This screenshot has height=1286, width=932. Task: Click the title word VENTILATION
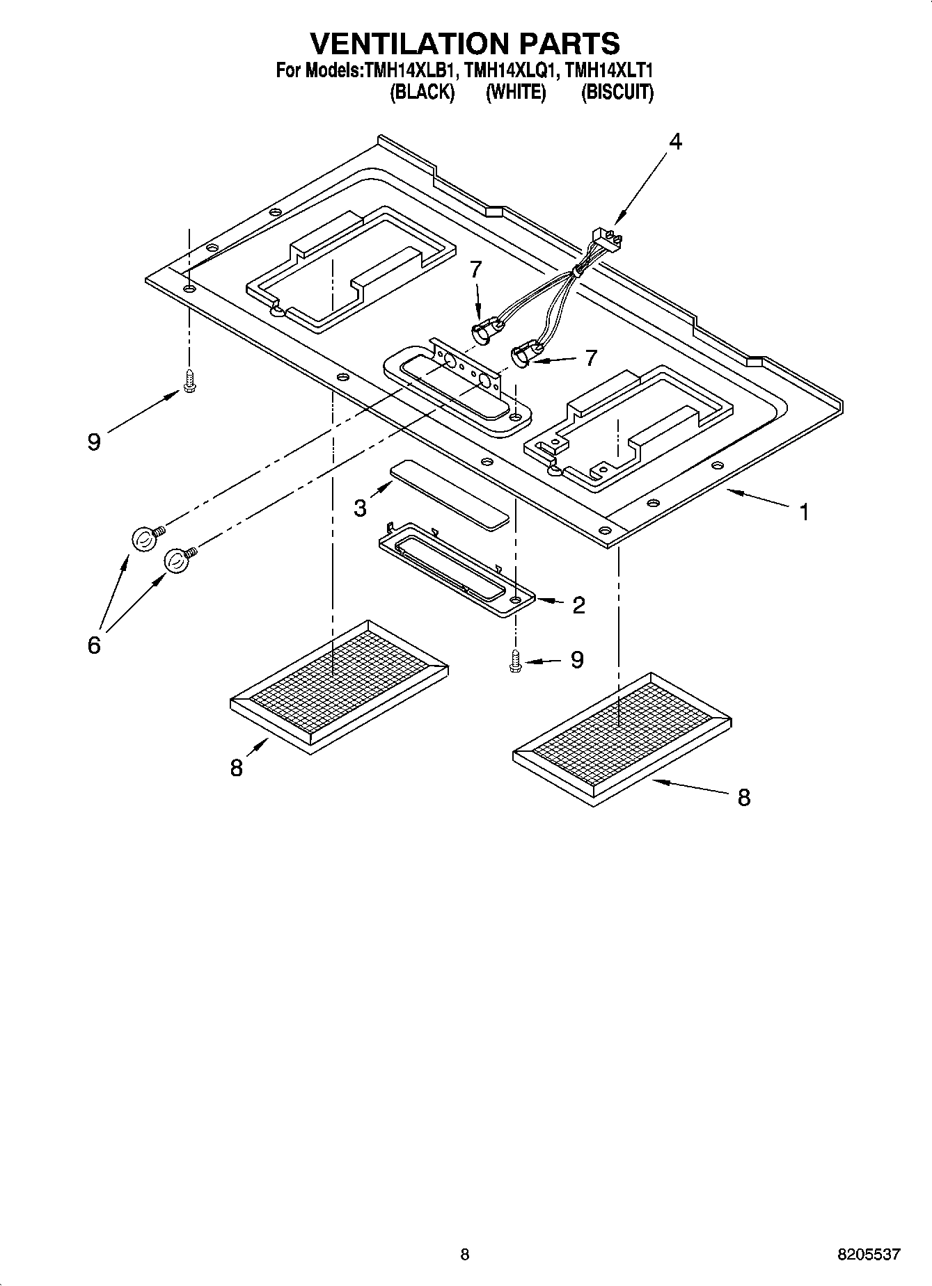(x=390, y=43)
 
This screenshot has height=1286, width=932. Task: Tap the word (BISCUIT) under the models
(x=617, y=92)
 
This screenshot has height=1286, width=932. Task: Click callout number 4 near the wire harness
(x=675, y=141)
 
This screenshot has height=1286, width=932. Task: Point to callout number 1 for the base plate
(x=804, y=513)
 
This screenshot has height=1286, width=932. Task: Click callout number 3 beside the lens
(x=360, y=508)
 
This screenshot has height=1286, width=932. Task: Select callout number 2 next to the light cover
(x=578, y=605)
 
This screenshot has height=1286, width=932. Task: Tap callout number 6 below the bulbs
(x=94, y=645)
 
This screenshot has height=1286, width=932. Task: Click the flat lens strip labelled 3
(x=450, y=494)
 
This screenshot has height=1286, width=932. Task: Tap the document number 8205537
(x=869, y=1255)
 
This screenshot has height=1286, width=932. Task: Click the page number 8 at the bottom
(x=465, y=1255)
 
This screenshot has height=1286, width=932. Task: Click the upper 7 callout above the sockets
(x=475, y=269)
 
